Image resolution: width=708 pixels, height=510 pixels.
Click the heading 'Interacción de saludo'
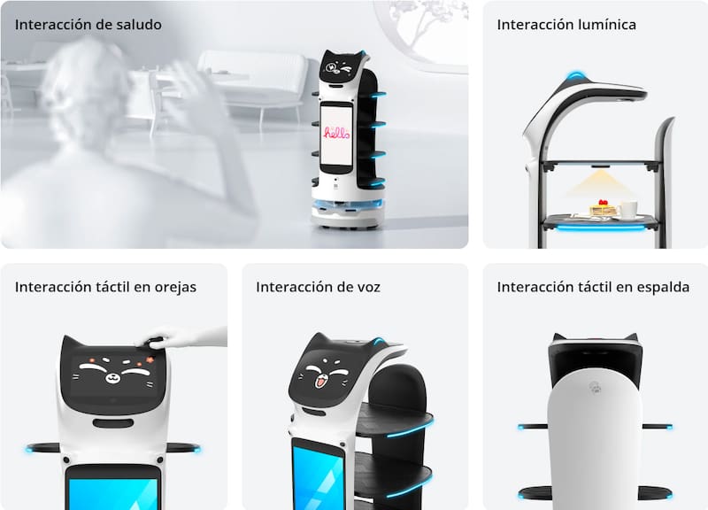tap(88, 25)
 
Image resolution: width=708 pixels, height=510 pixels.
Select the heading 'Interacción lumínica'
tap(566, 25)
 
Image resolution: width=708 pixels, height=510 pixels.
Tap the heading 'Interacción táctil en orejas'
tap(105, 287)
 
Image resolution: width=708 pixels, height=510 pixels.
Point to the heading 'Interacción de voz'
tap(318, 287)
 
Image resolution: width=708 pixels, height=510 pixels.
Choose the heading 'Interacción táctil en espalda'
tap(593, 287)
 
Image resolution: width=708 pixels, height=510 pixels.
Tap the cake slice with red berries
tap(602, 208)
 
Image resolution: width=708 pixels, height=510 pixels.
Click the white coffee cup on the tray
tap(628, 209)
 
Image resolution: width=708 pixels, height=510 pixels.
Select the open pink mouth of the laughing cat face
tap(319, 383)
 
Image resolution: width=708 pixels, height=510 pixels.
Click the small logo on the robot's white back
tap(595, 388)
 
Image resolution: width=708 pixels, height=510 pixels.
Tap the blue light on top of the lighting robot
tap(574, 74)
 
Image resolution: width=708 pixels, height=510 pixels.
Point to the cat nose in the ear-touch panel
tap(112, 375)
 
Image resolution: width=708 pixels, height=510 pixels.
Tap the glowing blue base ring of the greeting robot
tap(348, 205)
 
